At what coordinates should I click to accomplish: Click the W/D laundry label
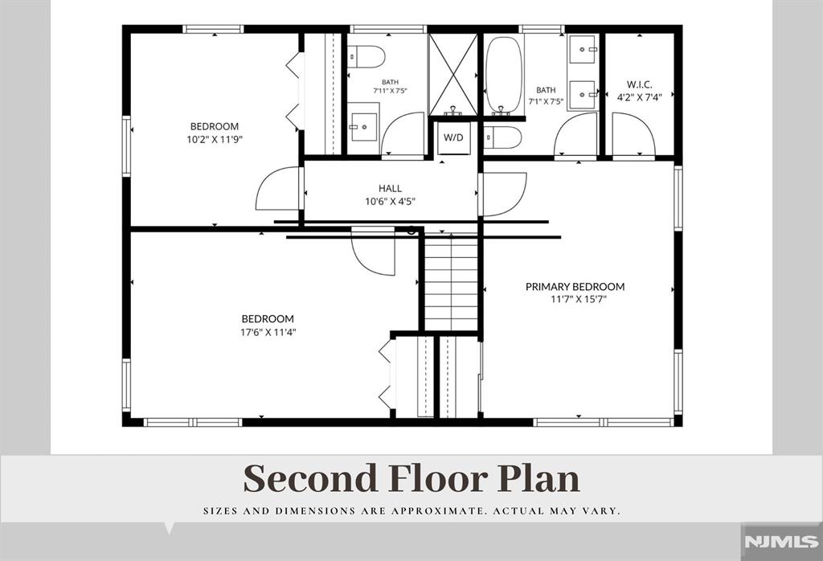click(453, 137)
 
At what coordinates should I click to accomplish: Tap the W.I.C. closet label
click(639, 84)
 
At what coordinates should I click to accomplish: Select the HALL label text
click(390, 188)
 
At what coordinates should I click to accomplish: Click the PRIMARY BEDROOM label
click(575, 287)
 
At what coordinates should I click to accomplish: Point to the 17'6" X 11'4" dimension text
click(268, 332)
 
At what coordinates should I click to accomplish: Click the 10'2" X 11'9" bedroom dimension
click(214, 140)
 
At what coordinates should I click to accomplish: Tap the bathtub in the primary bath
click(504, 74)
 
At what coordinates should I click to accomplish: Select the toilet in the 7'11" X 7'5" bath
click(366, 56)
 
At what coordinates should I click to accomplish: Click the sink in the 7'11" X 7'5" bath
click(363, 128)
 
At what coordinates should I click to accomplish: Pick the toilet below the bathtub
click(503, 137)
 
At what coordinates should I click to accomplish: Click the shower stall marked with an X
click(453, 75)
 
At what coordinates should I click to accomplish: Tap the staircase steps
click(451, 282)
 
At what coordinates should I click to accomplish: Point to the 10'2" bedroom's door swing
click(277, 188)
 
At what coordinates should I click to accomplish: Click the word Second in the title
click(311, 478)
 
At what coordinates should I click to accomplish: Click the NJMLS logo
click(781, 542)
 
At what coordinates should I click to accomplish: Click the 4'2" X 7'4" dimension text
click(639, 96)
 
